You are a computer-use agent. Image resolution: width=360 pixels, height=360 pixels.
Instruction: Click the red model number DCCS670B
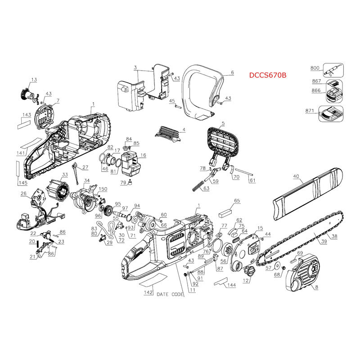point(268,75)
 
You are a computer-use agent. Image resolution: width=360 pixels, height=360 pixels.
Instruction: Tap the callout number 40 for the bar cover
point(296,176)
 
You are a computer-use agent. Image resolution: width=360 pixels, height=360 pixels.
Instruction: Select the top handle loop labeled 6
point(202,92)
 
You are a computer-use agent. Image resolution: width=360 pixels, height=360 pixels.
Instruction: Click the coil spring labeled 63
point(198,186)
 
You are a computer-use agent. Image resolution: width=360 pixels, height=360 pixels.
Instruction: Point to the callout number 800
point(315,68)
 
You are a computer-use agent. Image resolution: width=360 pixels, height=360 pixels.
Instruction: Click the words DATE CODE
point(170,294)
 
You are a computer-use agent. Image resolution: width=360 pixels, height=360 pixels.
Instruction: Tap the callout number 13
point(34,80)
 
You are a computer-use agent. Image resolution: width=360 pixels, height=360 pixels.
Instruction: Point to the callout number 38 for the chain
point(334,236)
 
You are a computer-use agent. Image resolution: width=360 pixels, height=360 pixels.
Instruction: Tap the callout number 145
point(23,183)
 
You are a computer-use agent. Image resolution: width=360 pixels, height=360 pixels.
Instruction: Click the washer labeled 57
point(278,265)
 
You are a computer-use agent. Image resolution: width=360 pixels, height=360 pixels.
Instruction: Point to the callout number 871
point(310,111)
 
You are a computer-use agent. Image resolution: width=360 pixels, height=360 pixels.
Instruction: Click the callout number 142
point(148,292)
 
